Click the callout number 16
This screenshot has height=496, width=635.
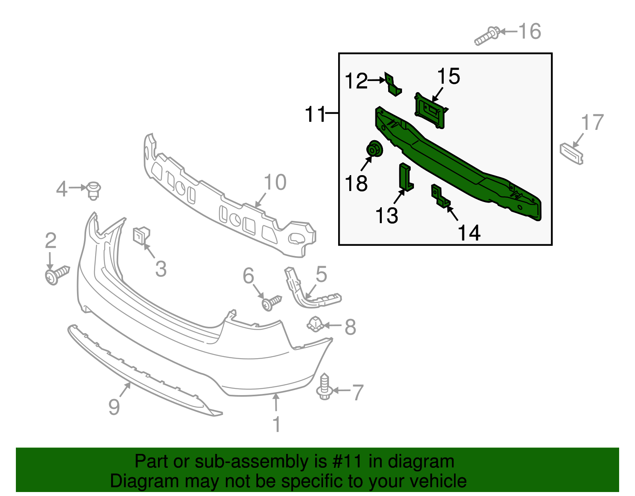tap(530, 31)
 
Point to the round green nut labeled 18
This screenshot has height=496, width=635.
tap(374, 149)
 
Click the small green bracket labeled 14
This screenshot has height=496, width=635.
tap(440, 197)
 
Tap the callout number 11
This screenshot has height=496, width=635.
tap(315, 114)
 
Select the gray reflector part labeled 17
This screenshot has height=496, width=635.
tap(572, 154)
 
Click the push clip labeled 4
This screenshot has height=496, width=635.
tap(94, 191)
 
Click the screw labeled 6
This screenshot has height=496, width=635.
tap(271, 303)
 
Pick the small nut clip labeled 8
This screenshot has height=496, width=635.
tap(315, 324)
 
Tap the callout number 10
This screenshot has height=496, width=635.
tap(275, 183)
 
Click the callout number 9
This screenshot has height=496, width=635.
tap(114, 407)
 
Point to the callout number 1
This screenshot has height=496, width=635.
tap(277, 425)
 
